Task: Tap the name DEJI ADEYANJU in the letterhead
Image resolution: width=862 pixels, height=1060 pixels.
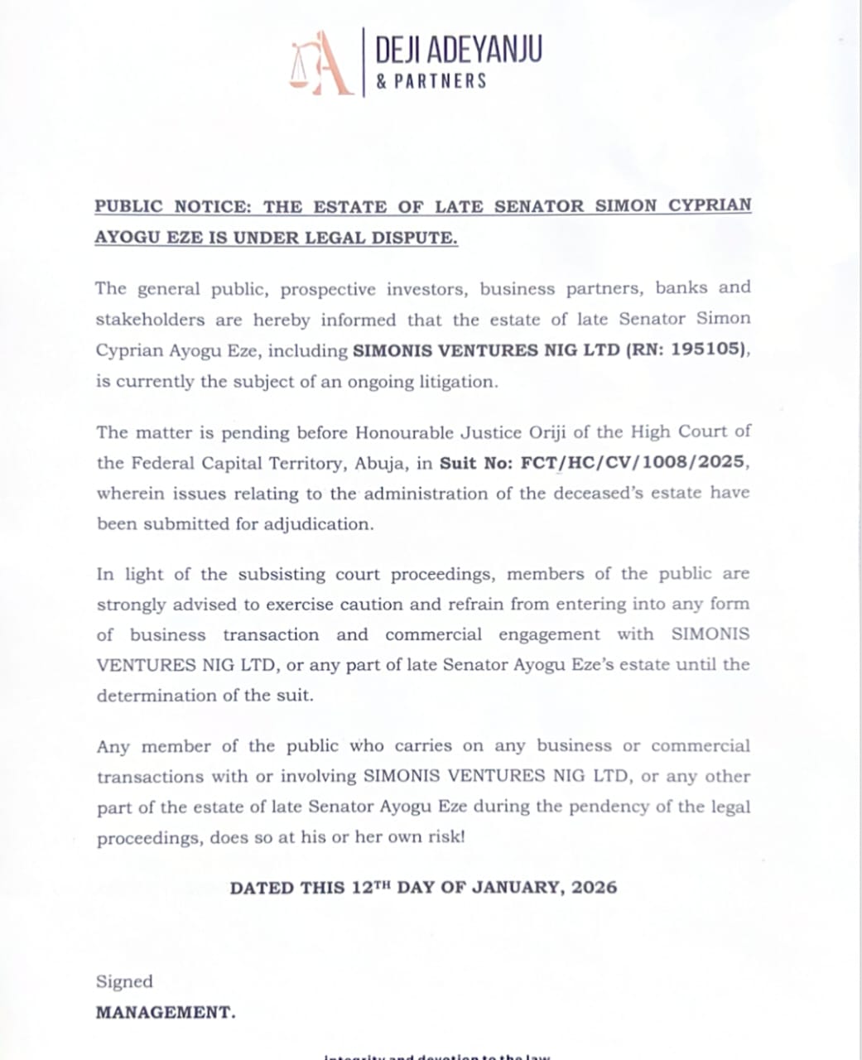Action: (459, 50)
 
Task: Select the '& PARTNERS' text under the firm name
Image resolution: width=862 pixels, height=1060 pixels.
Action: (431, 81)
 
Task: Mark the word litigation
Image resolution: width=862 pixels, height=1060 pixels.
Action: (458, 382)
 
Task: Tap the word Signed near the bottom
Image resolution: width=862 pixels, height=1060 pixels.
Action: (124, 982)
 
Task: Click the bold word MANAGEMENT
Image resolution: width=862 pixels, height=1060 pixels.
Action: (165, 1012)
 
